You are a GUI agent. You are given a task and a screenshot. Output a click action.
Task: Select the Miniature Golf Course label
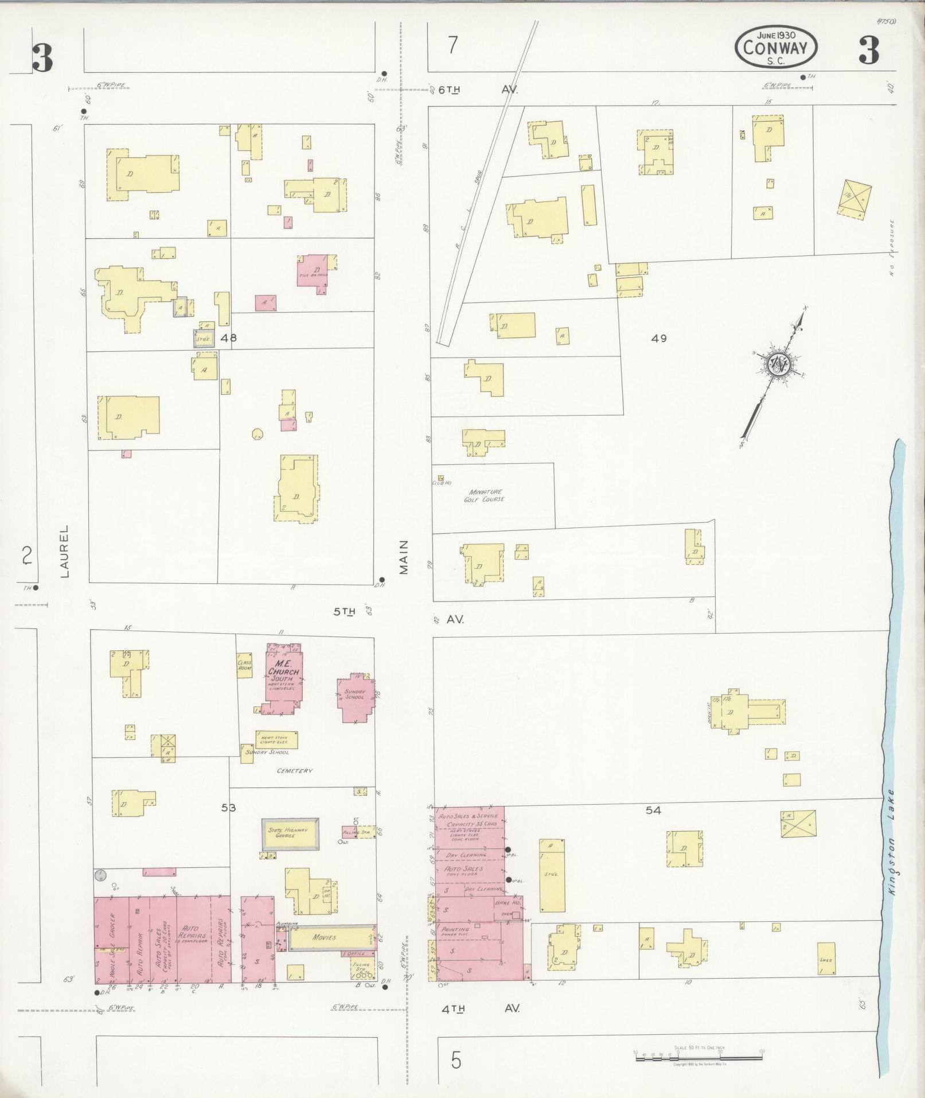click(486, 496)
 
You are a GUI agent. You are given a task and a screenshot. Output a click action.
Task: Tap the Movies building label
click(325, 937)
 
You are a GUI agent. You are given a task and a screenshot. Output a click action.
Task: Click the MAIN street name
click(404, 557)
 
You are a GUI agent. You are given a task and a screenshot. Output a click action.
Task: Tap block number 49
click(658, 339)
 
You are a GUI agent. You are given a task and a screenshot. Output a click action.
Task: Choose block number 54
click(653, 810)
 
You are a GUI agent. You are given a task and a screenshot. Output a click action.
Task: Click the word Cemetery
click(295, 771)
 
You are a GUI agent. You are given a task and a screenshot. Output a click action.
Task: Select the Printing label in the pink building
click(456, 929)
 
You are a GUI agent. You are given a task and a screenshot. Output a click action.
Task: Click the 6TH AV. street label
click(478, 90)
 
